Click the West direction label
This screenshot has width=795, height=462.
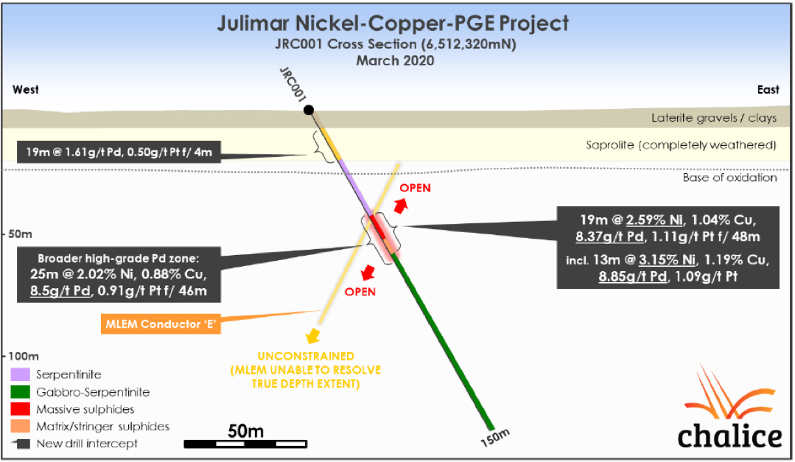click(x=26, y=90)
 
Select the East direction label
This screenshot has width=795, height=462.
click(x=768, y=90)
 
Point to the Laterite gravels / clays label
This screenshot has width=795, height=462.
click(x=714, y=118)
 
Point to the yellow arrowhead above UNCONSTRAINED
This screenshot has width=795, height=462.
click(x=314, y=337)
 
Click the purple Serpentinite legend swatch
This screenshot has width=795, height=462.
click(x=21, y=375)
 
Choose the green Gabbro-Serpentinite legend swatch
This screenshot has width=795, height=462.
click(x=21, y=392)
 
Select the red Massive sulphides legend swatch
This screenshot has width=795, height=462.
click(x=21, y=409)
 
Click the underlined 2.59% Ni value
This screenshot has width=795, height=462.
click(x=656, y=219)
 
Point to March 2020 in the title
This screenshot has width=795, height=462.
click(x=395, y=60)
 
